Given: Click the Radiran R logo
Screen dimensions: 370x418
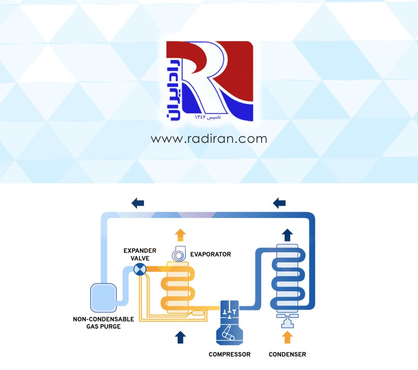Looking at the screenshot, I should click(x=209, y=81).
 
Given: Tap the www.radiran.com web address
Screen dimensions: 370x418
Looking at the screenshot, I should click(x=209, y=139).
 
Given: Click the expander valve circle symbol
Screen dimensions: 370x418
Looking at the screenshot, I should click(x=140, y=269).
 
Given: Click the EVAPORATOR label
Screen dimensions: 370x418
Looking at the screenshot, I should click(x=210, y=254).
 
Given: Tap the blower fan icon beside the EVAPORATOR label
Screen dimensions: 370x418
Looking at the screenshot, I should click(x=179, y=255).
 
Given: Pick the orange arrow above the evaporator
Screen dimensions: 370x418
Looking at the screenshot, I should click(x=180, y=235).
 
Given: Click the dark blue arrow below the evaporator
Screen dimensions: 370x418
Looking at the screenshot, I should click(x=180, y=337).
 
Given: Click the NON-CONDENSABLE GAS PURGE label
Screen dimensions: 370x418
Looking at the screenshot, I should click(x=103, y=323).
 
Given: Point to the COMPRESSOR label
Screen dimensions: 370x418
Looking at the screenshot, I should click(x=229, y=354).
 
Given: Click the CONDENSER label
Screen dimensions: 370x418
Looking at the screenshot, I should click(x=287, y=354).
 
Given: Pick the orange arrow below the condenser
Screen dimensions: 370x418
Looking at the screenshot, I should click(x=287, y=337).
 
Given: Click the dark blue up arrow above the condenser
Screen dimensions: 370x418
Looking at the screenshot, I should click(x=287, y=235).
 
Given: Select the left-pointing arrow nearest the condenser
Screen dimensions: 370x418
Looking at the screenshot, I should click(x=279, y=202).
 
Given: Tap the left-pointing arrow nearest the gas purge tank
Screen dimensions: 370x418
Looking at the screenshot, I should click(x=138, y=202).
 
